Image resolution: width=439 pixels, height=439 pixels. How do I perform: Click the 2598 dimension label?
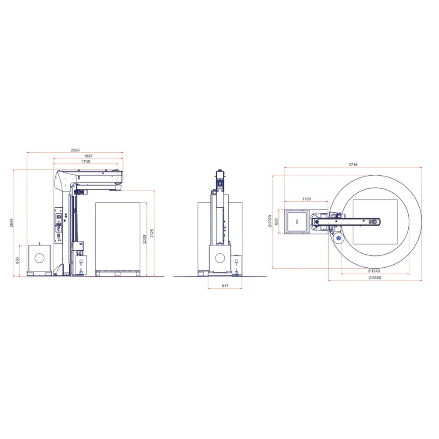point(75,150)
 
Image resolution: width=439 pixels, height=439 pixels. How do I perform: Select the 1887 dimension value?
point(88,156)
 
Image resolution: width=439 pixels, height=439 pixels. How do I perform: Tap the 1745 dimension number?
point(86,162)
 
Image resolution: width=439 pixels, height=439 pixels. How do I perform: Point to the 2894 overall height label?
point(11,223)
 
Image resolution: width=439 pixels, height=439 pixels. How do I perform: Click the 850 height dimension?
point(18,260)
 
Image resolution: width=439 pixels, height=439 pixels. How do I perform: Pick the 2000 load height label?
point(144,239)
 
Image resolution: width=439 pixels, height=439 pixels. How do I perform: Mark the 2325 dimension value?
point(152,233)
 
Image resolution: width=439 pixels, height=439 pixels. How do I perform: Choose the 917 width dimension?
point(225,286)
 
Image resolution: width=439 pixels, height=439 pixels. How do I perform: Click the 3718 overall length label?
point(353,165)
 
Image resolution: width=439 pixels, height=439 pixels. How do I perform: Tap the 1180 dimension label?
point(306,199)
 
